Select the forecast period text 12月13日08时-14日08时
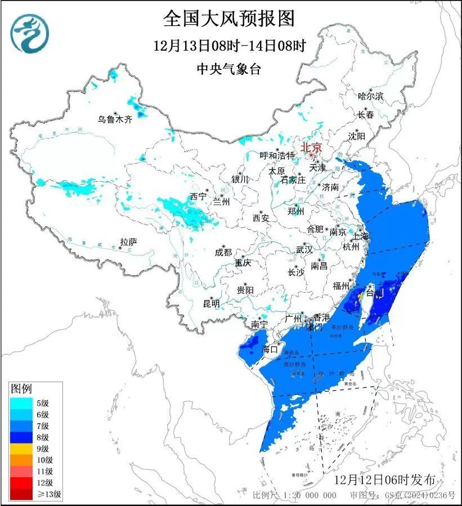[x=229, y=46]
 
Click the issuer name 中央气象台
[x=229, y=69]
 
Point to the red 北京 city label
[x=311, y=147]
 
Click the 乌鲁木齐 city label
[x=114, y=119]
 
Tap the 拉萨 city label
[x=128, y=242]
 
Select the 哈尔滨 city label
[x=370, y=96]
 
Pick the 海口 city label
[x=271, y=349]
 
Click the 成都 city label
[x=223, y=253]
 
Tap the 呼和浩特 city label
[x=277, y=155]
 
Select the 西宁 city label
[x=198, y=196]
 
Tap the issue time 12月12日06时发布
[x=384, y=480]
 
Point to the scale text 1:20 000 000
[x=310, y=495]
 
